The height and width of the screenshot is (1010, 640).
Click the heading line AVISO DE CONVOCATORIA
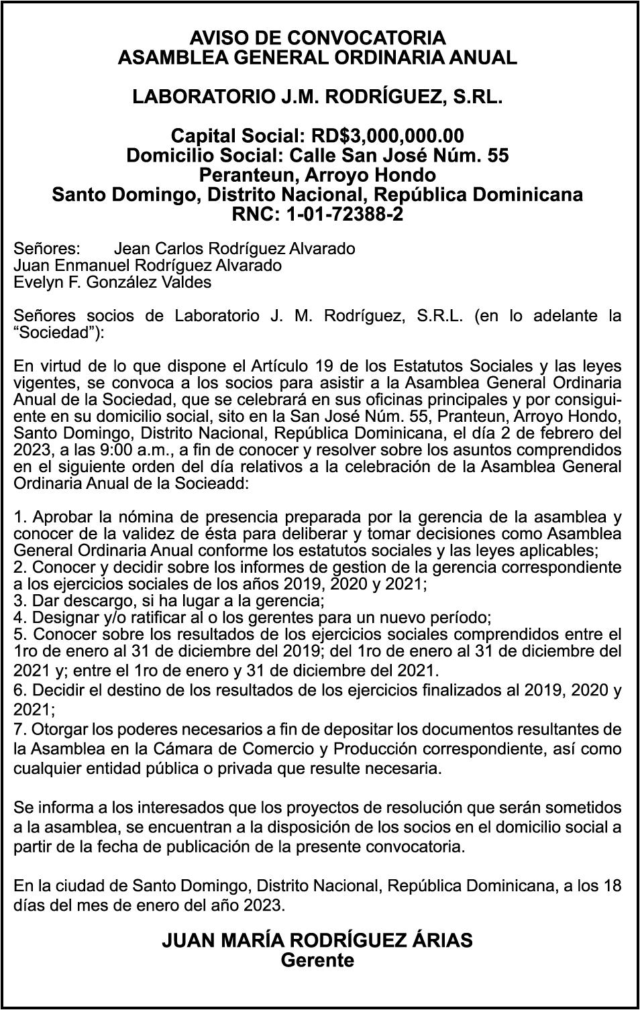(x=317, y=37)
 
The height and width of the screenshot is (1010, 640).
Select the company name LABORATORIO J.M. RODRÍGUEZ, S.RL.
(x=317, y=97)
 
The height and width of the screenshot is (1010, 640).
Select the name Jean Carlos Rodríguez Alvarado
(x=235, y=249)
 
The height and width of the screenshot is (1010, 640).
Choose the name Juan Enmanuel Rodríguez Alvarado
(x=148, y=266)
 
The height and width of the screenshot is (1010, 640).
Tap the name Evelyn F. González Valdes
(x=113, y=282)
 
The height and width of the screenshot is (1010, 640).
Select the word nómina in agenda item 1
(x=128, y=517)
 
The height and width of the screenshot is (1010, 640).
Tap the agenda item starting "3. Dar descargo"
(x=169, y=600)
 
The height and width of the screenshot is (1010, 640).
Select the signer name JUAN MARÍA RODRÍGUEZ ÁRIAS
(x=317, y=940)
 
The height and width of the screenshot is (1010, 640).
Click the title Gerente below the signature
(x=317, y=960)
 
